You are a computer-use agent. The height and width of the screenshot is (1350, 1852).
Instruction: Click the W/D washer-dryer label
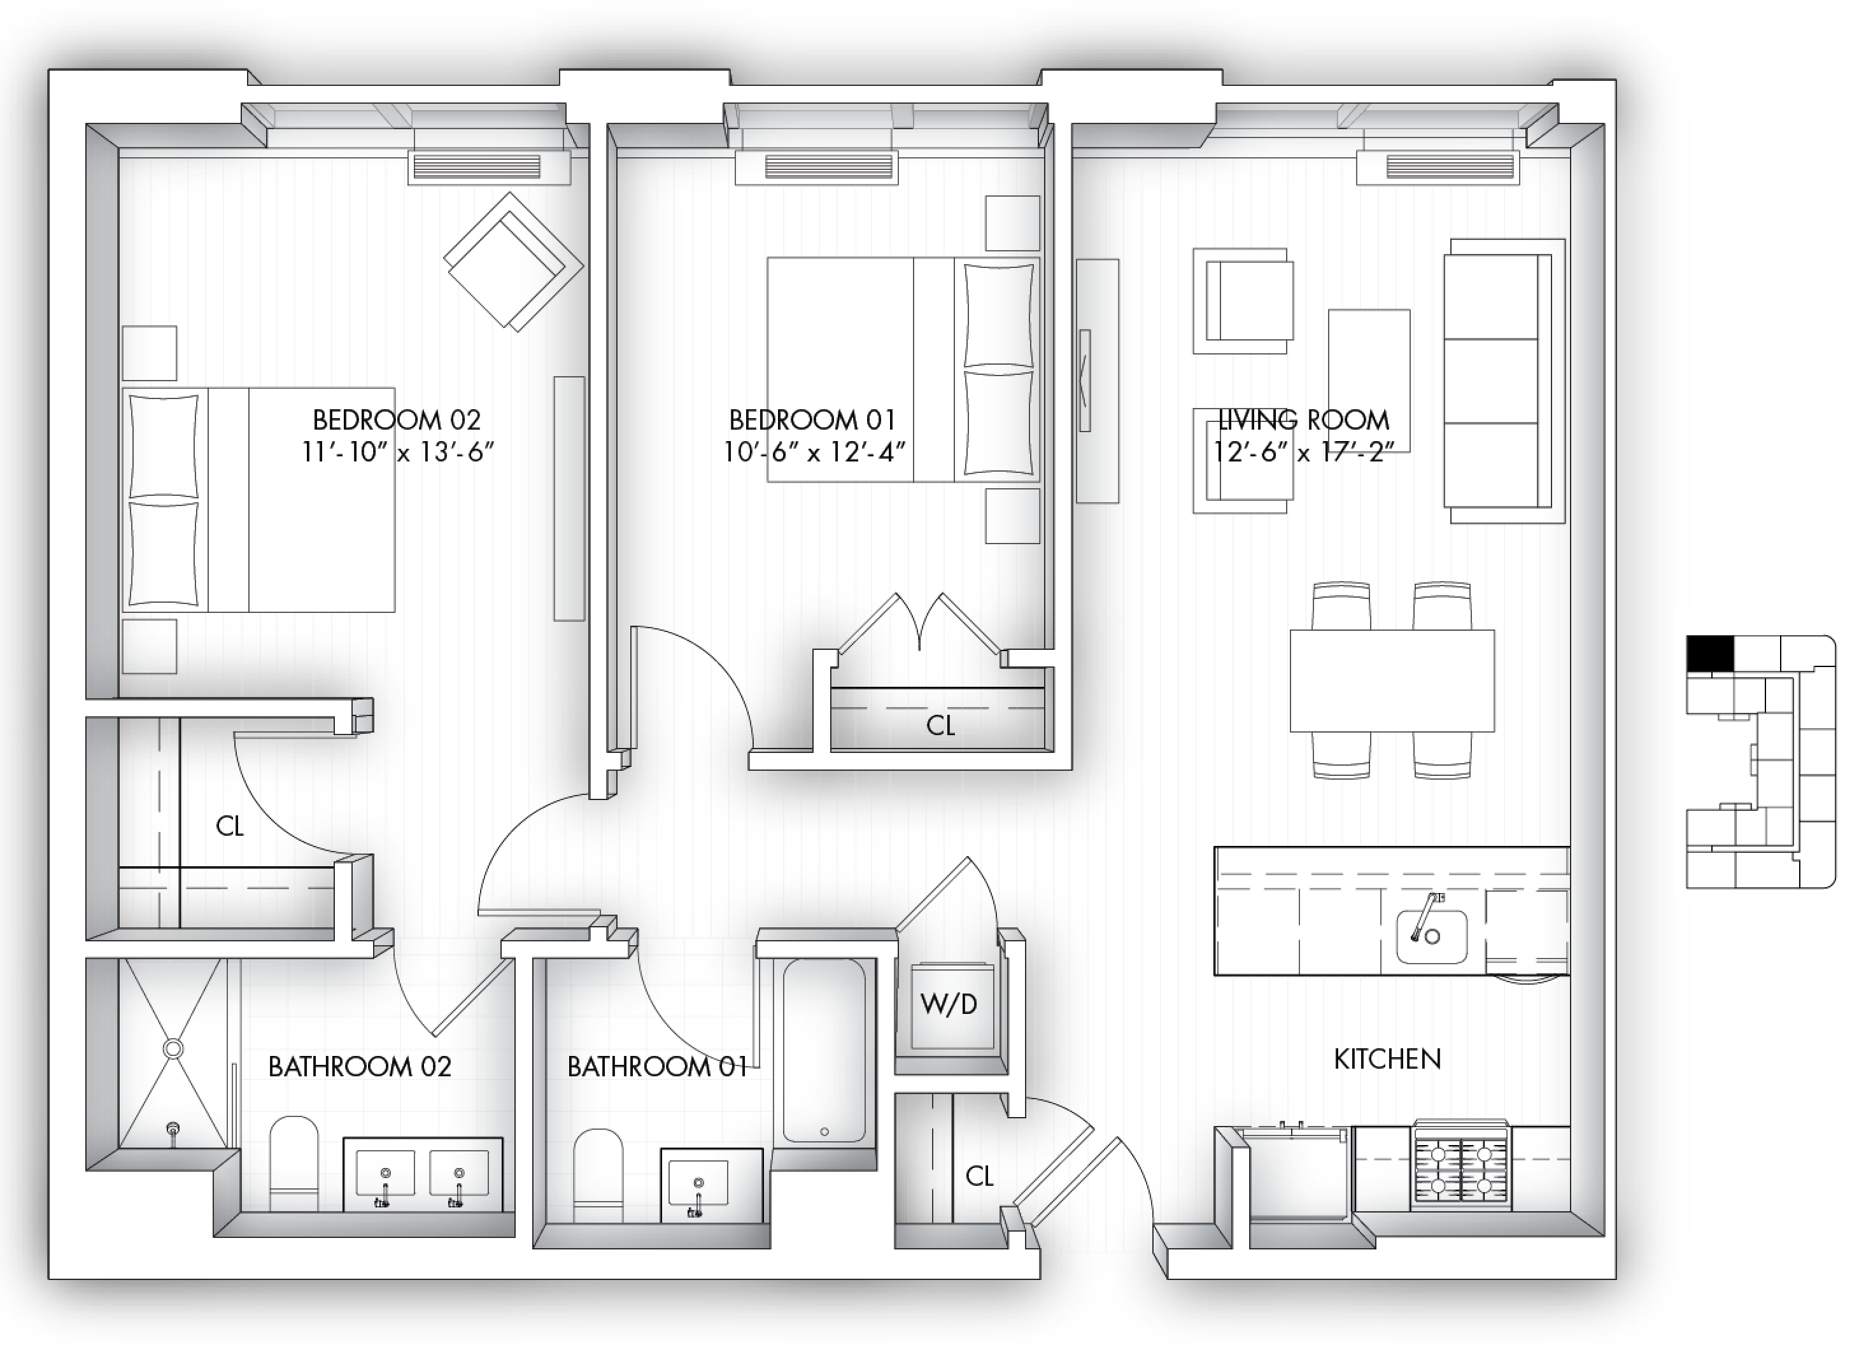point(948,1004)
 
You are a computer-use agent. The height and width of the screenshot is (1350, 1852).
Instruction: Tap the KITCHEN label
point(1387,1059)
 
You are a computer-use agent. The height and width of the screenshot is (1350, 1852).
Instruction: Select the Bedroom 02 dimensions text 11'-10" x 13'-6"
point(398,451)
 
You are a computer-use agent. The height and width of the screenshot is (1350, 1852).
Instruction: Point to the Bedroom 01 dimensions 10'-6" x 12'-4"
point(815,451)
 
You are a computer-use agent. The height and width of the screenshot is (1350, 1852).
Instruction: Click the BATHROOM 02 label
point(360,1066)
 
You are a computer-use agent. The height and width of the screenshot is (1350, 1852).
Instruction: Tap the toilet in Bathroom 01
point(598,1176)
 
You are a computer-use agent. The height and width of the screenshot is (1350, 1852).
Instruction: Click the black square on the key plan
point(1710,654)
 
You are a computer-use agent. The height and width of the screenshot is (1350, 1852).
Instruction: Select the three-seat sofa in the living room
point(1504,381)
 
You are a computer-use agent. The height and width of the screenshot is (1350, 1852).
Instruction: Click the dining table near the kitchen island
point(1392,680)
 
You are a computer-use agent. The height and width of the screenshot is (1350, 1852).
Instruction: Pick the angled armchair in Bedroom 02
point(513,262)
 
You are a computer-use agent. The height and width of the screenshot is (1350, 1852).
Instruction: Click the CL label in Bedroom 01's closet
point(941,725)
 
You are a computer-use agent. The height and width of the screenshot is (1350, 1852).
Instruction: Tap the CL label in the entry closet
point(979,1176)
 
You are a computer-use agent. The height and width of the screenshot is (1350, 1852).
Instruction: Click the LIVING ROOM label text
point(1304,420)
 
